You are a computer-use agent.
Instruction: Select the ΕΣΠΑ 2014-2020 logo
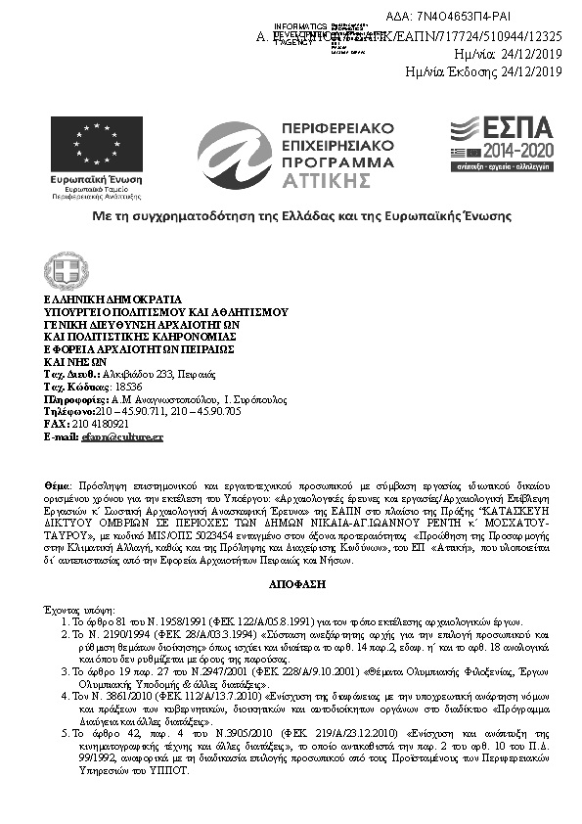point(501,144)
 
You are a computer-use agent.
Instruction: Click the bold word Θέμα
point(57,484)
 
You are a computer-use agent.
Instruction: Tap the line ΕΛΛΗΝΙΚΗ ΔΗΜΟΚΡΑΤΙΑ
point(113,299)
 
